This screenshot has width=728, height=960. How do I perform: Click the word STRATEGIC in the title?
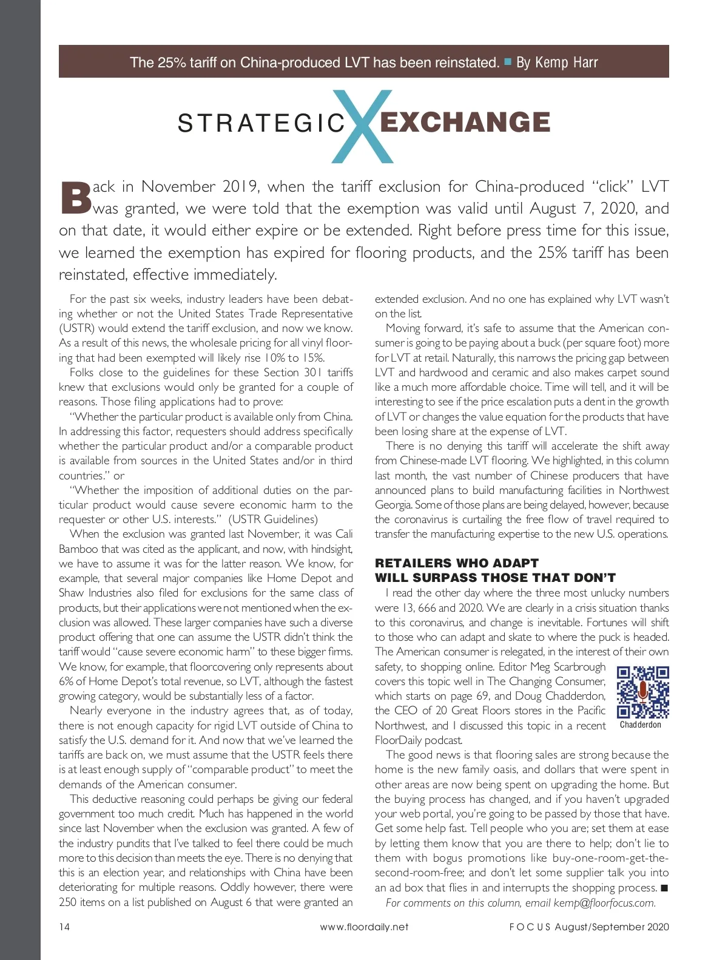point(261,123)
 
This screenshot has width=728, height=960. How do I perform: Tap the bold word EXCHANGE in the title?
point(465,122)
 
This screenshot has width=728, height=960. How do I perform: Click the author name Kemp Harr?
point(566,63)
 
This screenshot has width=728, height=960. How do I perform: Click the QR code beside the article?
point(642,692)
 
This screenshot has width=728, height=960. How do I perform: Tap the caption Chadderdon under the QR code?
point(641,725)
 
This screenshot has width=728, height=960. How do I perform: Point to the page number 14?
point(64,927)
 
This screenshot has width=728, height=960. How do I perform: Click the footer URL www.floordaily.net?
point(364,927)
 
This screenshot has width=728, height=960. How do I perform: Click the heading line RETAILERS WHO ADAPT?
point(456,563)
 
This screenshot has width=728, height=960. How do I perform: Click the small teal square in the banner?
point(508,61)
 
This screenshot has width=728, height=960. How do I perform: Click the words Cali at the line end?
point(343,534)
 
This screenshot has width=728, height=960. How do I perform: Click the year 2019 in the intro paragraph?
point(240,186)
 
